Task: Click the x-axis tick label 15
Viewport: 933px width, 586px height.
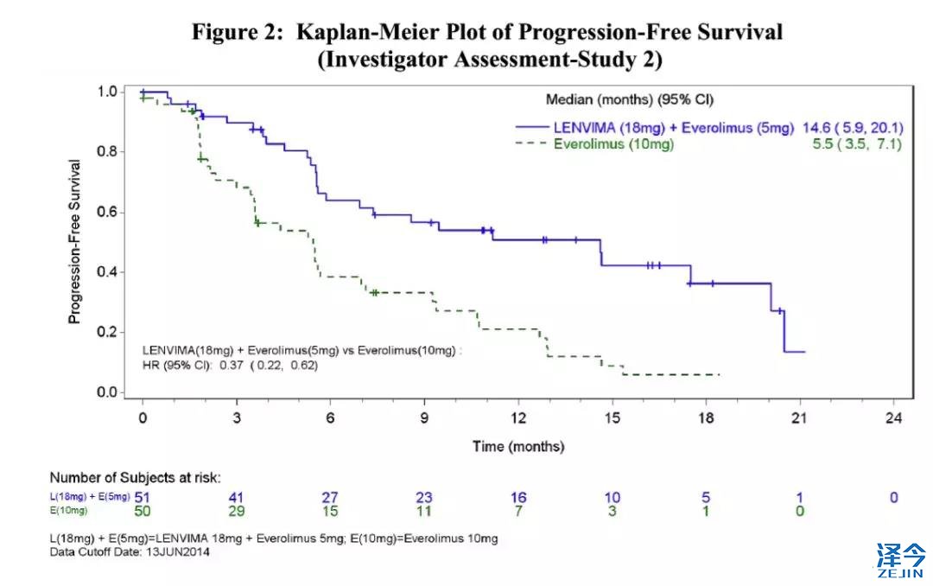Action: coord(612,418)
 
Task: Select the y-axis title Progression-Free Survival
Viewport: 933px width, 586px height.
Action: coord(75,241)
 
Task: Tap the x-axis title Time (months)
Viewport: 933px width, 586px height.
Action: coord(517,447)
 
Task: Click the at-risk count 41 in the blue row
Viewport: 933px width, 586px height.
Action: coord(236,497)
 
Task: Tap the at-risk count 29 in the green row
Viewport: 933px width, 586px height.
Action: coord(236,511)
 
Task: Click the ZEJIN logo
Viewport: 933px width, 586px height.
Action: coord(901,559)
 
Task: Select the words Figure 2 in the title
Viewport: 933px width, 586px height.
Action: coord(237,33)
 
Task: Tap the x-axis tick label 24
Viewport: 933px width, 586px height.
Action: coord(893,418)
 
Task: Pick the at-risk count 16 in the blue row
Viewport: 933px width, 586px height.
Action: coord(518,497)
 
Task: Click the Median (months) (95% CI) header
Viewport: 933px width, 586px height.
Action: coord(630,99)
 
